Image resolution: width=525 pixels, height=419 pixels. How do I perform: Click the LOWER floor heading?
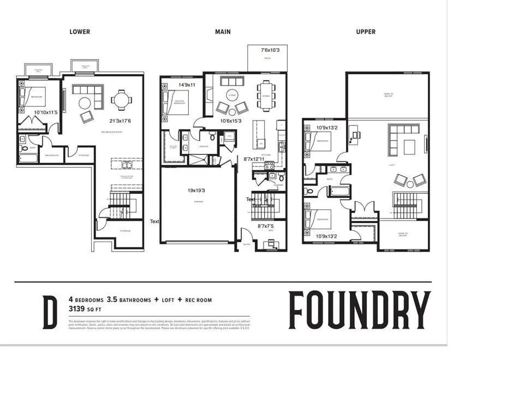point(80,32)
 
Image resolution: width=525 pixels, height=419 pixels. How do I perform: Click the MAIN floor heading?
point(223,32)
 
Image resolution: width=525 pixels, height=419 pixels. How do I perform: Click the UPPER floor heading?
point(366,32)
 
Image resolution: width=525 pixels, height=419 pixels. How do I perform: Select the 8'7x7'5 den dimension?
point(266,226)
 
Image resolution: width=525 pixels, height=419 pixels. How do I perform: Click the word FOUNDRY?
point(360,311)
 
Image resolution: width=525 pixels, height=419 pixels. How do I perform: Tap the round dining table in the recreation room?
point(121,100)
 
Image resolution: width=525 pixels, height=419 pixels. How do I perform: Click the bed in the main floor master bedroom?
point(177,102)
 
